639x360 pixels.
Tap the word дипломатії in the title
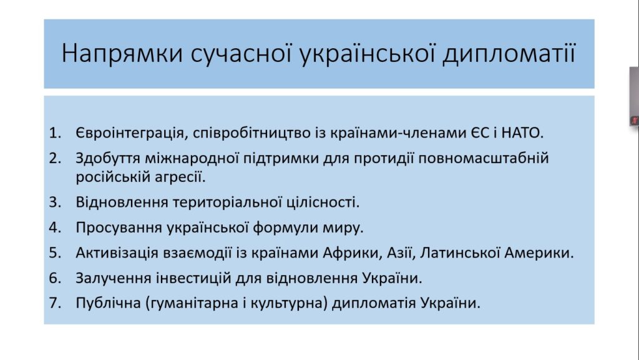click(x=509, y=54)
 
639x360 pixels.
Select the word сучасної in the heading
click(x=241, y=54)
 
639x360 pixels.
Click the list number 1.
click(x=55, y=132)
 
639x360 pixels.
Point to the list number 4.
click(x=55, y=227)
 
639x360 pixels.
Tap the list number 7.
click(x=55, y=303)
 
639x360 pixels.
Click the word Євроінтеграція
click(x=132, y=133)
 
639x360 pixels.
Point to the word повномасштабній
click(x=484, y=158)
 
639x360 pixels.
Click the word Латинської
click(x=460, y=252)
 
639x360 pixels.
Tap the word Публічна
click(x=108, y=303)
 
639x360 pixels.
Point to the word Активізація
click(x=117, y=252)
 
